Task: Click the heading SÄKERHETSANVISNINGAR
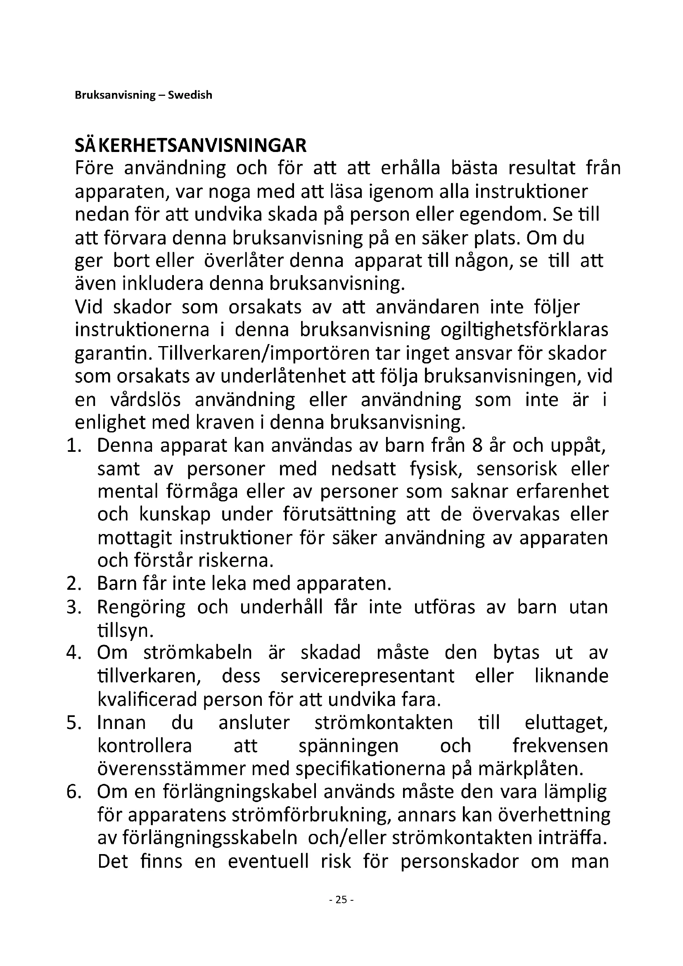click(190, 145)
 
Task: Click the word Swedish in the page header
click(190, 95)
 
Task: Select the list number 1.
click(74, 446)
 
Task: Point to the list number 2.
click(74, 584)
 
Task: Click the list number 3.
click(74, 607)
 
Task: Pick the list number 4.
click(74, 653)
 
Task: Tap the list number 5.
click(74, 722)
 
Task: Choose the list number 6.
click(74, 792)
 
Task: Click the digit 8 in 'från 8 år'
click(477, 446)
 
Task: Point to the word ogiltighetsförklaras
click(524, 330)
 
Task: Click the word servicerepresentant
click(367, 676)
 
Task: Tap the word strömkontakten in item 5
click(384, 722)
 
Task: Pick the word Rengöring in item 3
click(141, 607)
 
